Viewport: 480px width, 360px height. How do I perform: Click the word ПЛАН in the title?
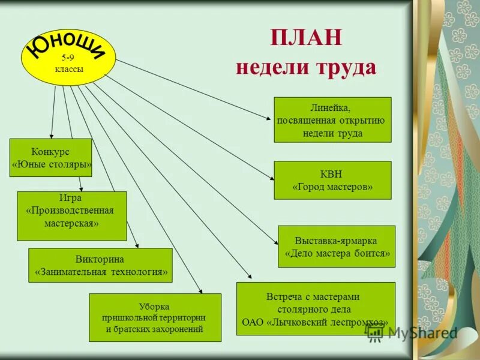click(x=306, y=37)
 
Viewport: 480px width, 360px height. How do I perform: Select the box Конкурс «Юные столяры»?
click(x=51, y=158)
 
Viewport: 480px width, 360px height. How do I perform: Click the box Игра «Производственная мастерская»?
click(x=71, y=216)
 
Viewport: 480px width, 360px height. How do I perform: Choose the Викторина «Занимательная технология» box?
click(x=100, y=265)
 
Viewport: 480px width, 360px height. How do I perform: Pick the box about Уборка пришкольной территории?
click(x=155, y=317)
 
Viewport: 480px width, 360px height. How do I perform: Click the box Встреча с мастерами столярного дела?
click(x=316, y=308)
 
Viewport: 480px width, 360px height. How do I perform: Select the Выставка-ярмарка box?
click(x=336, y=246)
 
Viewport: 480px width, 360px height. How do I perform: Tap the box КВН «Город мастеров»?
click(x=332, y=180)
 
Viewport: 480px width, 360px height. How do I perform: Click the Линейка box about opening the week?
click(x=332, y=120)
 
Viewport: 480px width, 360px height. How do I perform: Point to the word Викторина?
click(x=100, y=259)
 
